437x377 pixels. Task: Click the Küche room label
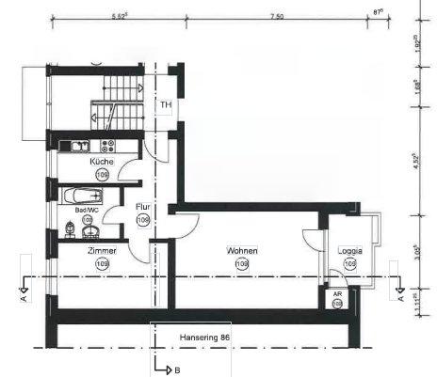tap(102, 162)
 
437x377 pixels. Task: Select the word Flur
tap(143, 207)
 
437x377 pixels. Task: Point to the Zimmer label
tap(102, 252)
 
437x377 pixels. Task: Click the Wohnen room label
tap(242, 251)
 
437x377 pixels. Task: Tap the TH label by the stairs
tap(166, 105)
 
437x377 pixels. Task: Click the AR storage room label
tap(337, 293)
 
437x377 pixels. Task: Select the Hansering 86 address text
tap(204, 336)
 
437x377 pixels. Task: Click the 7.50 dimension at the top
tap(277, 17)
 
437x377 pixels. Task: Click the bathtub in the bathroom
tap(81, 196)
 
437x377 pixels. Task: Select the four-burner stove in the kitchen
tap(107, 146)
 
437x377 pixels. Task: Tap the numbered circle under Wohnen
tap(242, 265)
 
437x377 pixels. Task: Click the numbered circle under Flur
tap(143, 220)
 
